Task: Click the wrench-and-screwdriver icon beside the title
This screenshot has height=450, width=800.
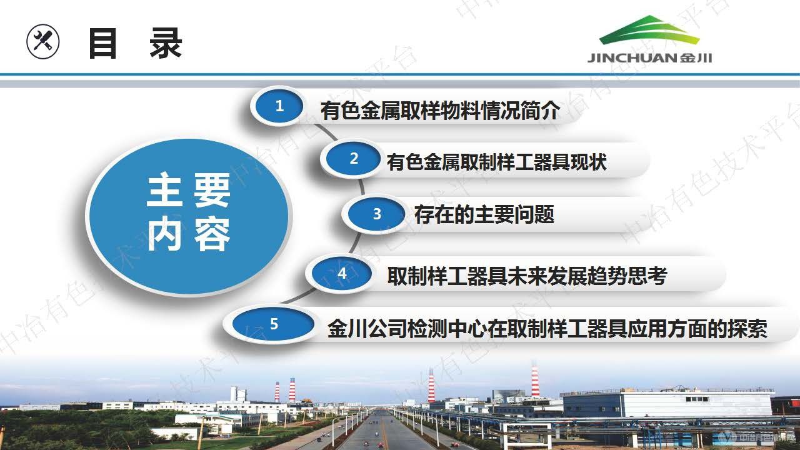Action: (x=43, y=42)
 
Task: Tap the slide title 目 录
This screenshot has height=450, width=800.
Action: (x=134, y=44)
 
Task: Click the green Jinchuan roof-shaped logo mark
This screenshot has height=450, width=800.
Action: (x=649, y=31)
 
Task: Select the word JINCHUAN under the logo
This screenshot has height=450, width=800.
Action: (x=631, y=58)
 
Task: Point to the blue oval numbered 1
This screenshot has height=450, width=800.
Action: (x=279, y=106)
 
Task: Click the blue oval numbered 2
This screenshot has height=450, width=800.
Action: (x=354, y=159)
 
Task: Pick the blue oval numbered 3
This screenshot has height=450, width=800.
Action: (x=377, y=214)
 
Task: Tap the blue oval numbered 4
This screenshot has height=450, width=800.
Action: (x=342, y=274)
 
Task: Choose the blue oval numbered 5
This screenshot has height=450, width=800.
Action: (x=274, y=324)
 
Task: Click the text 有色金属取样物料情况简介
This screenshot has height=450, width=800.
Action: (x=439, y=111)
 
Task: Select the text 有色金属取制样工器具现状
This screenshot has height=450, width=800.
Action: (x=497, y=162)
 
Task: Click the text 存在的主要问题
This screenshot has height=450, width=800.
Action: (x=484, y=214)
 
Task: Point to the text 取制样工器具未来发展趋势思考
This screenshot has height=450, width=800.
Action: (x=527, y=276)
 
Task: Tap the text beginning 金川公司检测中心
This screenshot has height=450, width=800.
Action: (x=547, y=329)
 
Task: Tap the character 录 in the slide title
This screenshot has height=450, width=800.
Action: (x=166, y=44)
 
